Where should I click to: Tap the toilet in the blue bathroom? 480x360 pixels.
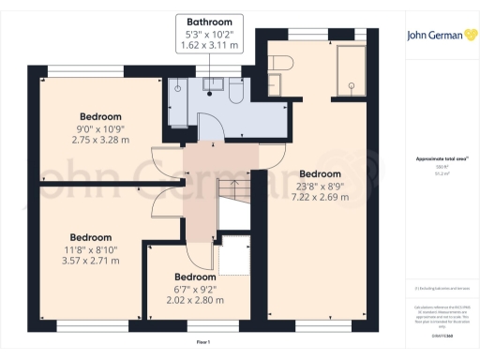click(x=236, y=92)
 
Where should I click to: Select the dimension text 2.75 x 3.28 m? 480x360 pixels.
click(x=100, y=140)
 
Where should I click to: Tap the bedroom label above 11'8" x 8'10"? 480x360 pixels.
click(x=91, y=237)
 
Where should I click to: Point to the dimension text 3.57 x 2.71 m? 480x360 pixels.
click(x=91, y=261)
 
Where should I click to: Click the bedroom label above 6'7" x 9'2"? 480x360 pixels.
click(x=195, y=277)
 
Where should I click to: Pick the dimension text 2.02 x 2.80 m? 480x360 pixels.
click(x=195, y=301)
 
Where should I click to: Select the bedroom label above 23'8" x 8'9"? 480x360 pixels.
click(x=322, y=174)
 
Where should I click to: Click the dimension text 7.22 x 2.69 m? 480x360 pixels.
click(x=322, y=197)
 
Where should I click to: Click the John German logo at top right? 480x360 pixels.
click(x=436, y=36)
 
